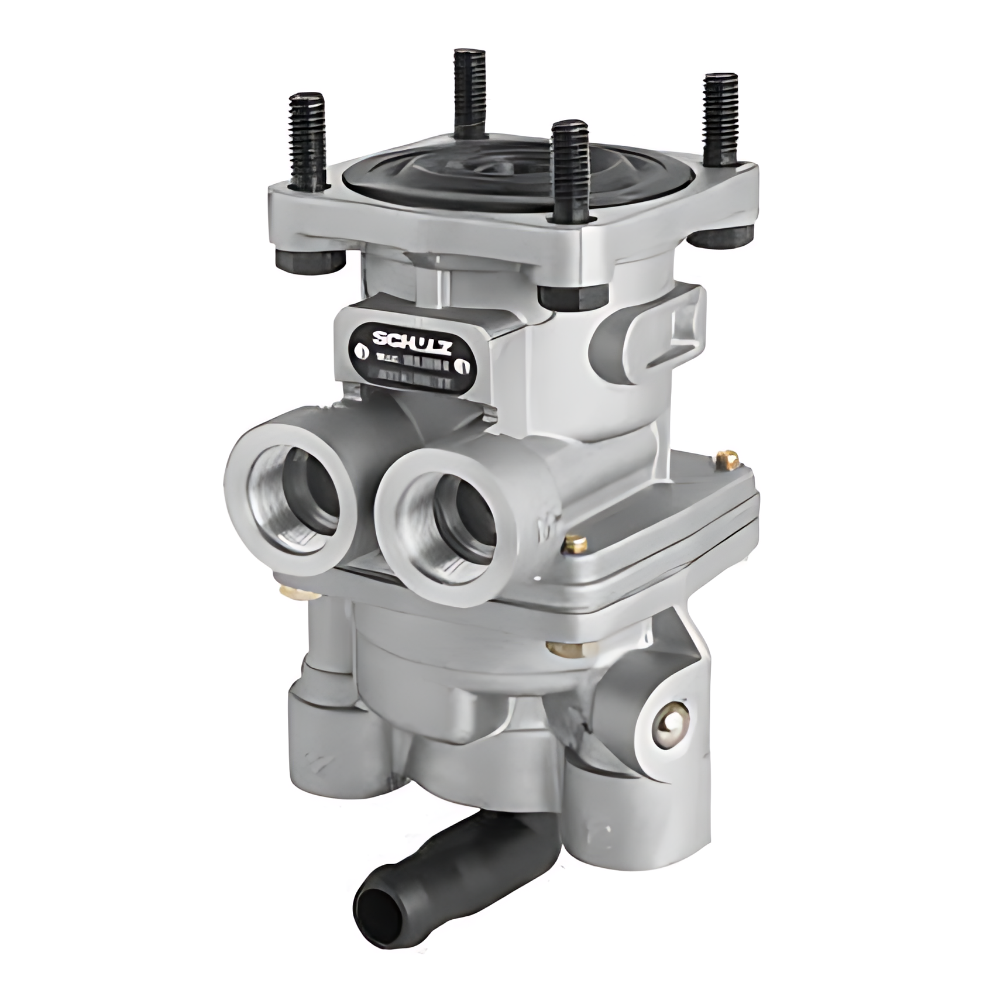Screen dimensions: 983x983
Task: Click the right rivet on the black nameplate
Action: (465, 366)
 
